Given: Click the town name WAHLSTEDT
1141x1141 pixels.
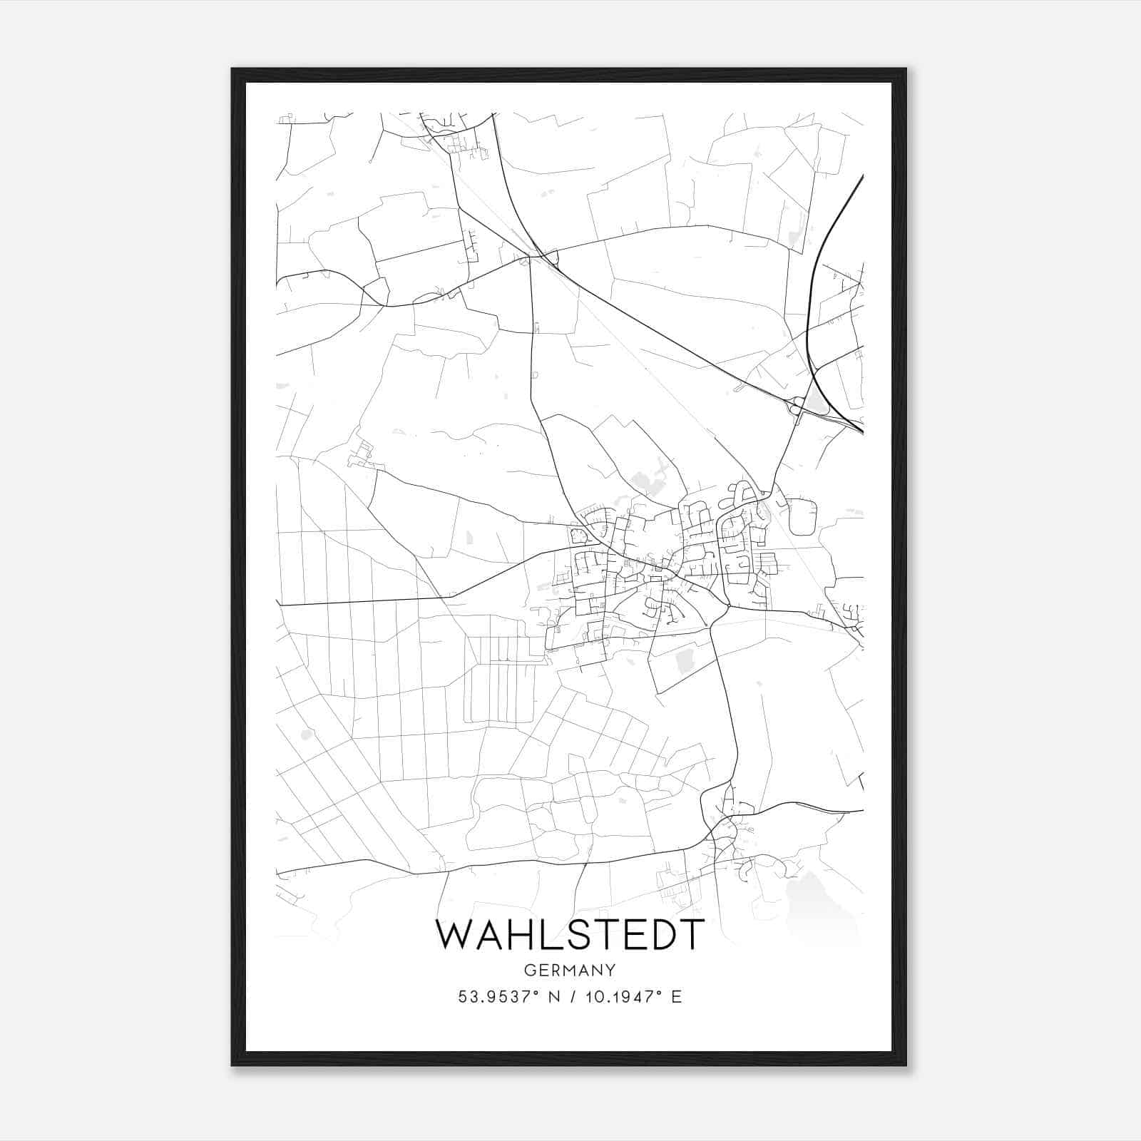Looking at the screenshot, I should tap(570, 934).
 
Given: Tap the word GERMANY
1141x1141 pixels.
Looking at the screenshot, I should tap(570, 970).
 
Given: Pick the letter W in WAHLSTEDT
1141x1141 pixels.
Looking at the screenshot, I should tap(452, 934).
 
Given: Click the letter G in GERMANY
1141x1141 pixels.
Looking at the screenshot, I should tap(528, 970).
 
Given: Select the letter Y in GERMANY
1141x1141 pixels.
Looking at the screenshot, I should tap(611, 970).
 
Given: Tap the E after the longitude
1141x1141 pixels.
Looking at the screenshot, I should tap(676, 997).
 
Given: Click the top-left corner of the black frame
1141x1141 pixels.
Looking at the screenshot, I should tap(233, 70).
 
